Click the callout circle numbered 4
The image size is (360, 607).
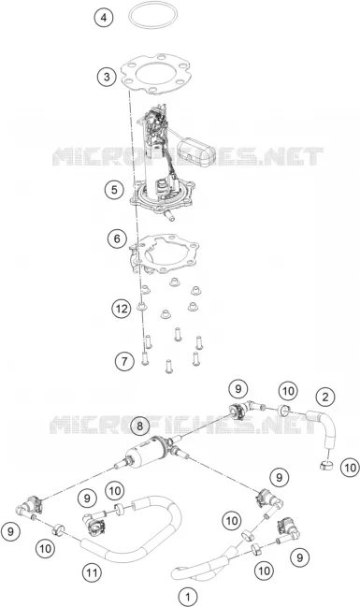tap(104, 18)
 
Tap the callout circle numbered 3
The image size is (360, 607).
tap(107, 77)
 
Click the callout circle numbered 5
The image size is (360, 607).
tap(114, 190)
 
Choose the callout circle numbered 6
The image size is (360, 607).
tap(117, 238)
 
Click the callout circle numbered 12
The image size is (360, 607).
tap(122, 309)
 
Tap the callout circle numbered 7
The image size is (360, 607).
tap(124, 362)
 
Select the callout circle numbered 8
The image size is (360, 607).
tap(139, 426)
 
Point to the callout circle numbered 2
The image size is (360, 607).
tap(325, 397)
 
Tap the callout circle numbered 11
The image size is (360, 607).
tap(92, 572)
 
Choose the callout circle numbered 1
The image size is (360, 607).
tap(188, 597)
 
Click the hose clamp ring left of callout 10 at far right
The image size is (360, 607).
tap(327, 465)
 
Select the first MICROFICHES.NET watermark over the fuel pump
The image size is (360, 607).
tap(188, 156)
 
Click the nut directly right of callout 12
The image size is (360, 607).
tap(142, 308)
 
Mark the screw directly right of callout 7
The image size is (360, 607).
tap(144, 358)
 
